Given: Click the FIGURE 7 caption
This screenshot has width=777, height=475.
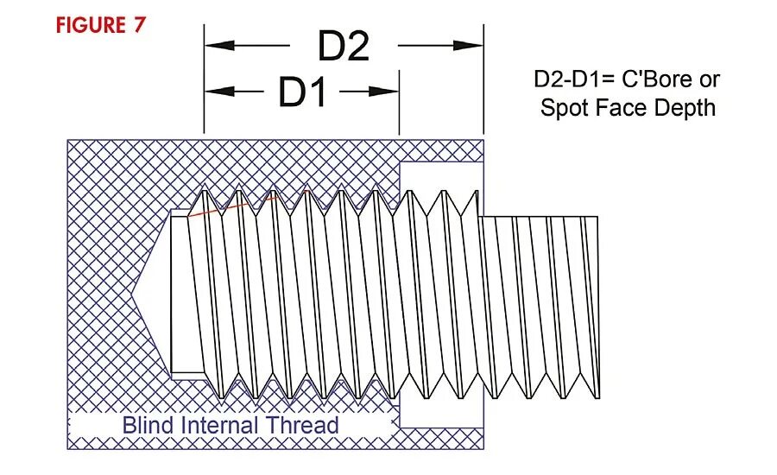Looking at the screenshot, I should pos(101,25).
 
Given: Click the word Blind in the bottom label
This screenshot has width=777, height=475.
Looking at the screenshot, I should pos(143,425).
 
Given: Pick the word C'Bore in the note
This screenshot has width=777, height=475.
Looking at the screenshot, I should pos(657,79).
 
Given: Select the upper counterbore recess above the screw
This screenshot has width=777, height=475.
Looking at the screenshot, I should pos(440,177).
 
